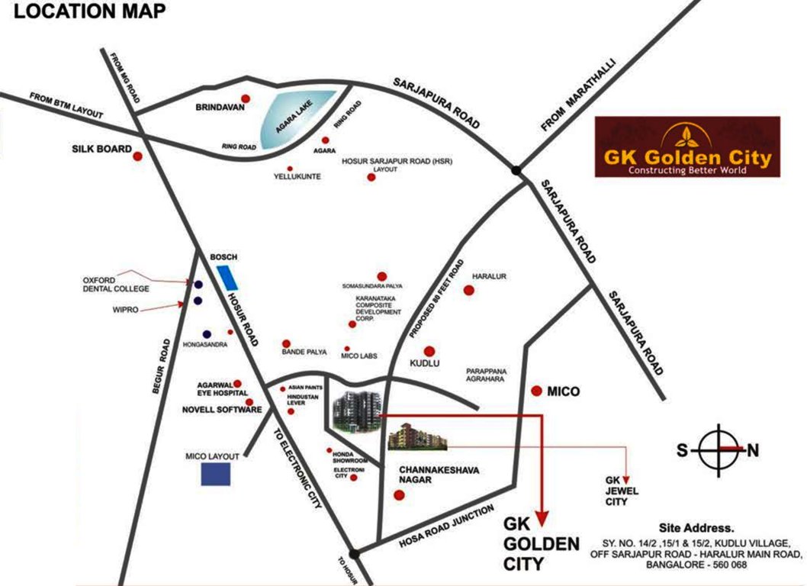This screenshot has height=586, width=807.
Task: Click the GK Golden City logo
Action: (x=687, y=146)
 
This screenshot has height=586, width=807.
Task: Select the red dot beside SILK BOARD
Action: (x=138, y=156)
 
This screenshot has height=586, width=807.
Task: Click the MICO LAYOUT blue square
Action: (x=216, y=474)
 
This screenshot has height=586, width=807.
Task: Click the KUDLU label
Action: (x=426, y=364)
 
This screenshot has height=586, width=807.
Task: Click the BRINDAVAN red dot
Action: (x=246, y=98)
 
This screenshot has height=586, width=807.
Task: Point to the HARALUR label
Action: (x=490, y=275)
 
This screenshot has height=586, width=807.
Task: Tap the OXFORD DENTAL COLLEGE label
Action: (x=116, y=285)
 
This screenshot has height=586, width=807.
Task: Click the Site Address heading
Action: (x=696, y=527)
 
